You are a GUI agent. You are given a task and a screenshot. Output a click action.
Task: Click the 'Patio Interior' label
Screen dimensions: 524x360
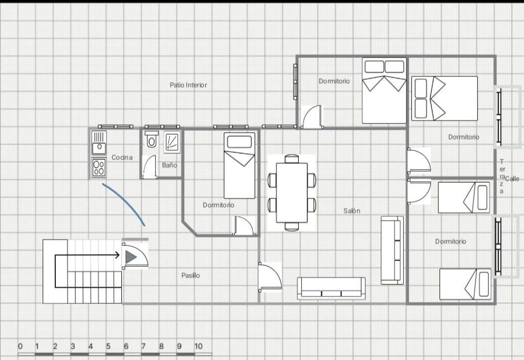[x=188, y=85]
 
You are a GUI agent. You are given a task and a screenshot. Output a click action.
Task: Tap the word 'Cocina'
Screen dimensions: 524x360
[x=122, y=157]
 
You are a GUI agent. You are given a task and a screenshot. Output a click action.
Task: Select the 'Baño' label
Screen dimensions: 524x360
[x=169, y=164]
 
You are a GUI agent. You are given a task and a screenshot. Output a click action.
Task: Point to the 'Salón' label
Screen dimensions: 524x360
[x=352, y=210]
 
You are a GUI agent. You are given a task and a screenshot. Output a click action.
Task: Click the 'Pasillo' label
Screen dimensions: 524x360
[x=190, y=276]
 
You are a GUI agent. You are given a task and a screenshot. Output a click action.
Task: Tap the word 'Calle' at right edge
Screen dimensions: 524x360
[x=512, y=179]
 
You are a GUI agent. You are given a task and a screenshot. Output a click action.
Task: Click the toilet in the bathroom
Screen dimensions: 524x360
[x=151, y=139]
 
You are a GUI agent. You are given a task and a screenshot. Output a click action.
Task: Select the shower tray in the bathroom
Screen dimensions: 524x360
[x=172, y=142]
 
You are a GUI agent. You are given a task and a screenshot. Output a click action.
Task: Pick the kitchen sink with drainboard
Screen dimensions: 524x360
[x=99, y=143]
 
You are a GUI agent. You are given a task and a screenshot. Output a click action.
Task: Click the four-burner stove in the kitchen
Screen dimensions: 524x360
[x=99, y=167]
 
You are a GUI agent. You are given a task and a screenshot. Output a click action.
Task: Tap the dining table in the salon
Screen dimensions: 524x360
[x=292, y=193]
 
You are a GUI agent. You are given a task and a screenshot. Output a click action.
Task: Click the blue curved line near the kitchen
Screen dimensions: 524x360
[x=125, y=202]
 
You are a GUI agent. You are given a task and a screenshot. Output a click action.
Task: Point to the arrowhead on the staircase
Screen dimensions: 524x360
[x=117, y=256]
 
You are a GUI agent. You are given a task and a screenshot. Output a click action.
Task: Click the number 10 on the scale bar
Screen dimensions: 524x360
[x=198, y=346]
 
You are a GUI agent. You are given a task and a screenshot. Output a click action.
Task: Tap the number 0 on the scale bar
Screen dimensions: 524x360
[x=20, y=346]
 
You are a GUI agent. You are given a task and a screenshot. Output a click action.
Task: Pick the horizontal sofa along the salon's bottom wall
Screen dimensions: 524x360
[x=331, y=288]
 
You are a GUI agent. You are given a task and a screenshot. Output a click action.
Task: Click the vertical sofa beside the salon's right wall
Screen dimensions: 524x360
[x=392, y=250]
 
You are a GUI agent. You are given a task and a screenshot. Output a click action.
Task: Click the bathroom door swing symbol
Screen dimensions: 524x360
[x=149, y=166]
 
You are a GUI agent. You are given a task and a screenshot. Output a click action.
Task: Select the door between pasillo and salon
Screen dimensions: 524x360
[x=270, y=277]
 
